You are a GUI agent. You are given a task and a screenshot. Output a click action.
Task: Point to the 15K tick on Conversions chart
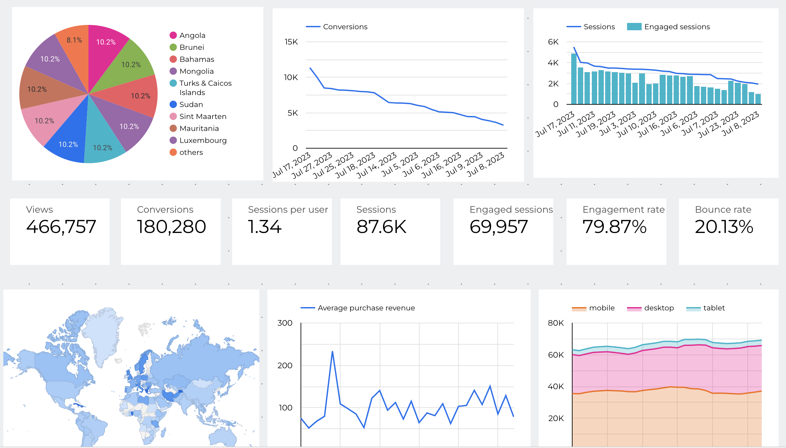click(291, 42)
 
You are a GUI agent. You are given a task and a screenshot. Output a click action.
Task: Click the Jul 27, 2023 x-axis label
click(312, 165)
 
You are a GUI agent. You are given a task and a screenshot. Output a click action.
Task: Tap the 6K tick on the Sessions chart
click(553, 42)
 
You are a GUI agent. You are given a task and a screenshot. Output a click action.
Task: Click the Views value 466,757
click(61, 227)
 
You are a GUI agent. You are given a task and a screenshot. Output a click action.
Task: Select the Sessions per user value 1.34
click(265, 227)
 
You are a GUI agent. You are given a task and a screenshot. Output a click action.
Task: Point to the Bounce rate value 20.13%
click(724, 227)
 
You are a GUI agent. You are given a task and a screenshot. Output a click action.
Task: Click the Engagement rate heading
click(623, 209)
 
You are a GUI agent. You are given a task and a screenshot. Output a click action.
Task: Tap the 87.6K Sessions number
click(381, 227)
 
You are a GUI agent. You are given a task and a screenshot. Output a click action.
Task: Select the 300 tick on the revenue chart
click(285, 323)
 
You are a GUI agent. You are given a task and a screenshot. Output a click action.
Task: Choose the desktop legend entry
click(659, 308)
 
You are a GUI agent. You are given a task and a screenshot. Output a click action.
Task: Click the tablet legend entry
click(714, 308)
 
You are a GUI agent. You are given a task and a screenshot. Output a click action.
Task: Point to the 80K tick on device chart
click(556, 323)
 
